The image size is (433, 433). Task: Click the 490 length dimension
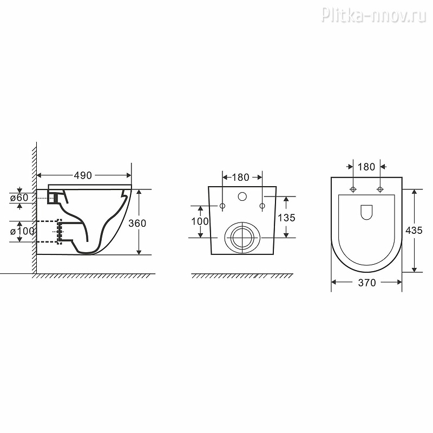click(83, 175)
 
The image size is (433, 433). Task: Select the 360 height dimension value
click(137, 223)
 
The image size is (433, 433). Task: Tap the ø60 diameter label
click(19, 198)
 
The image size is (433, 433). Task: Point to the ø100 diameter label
click(22, 231)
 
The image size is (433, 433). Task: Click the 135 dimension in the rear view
click(286, 218)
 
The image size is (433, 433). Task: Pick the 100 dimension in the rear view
click(200, 221)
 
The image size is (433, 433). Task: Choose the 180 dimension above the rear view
click(240, 178)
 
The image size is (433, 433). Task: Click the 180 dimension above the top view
click(366, 167)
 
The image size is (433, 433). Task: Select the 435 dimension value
click(414, 231)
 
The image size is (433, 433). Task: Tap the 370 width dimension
click(367, 283)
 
